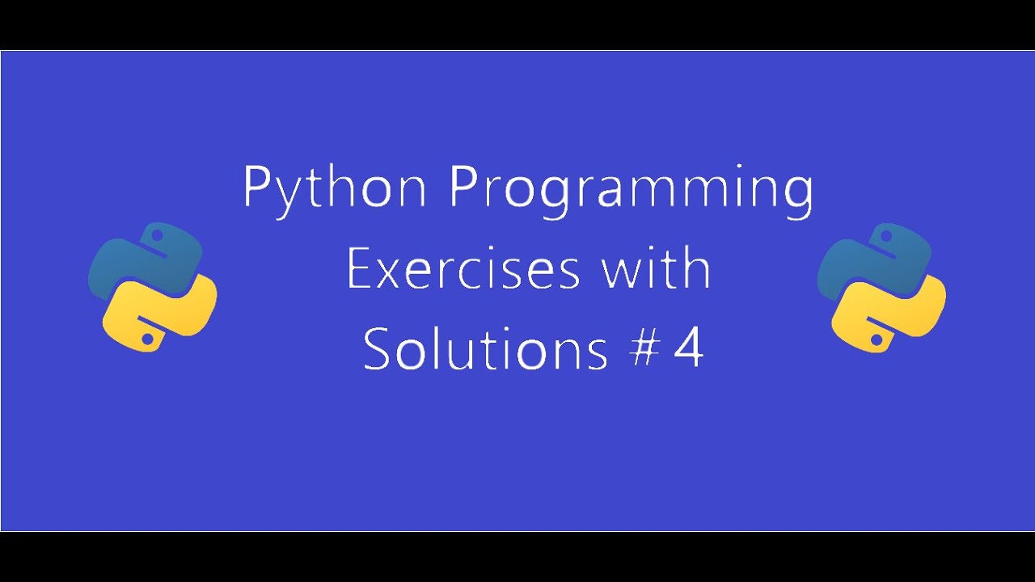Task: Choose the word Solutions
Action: tap(484, 349)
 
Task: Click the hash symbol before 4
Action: tap(642, 350)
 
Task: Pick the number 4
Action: tap(688, 350)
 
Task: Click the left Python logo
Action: tap(152, 287)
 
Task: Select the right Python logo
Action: tap(881, 287)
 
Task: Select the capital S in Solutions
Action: tap(377, 349)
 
